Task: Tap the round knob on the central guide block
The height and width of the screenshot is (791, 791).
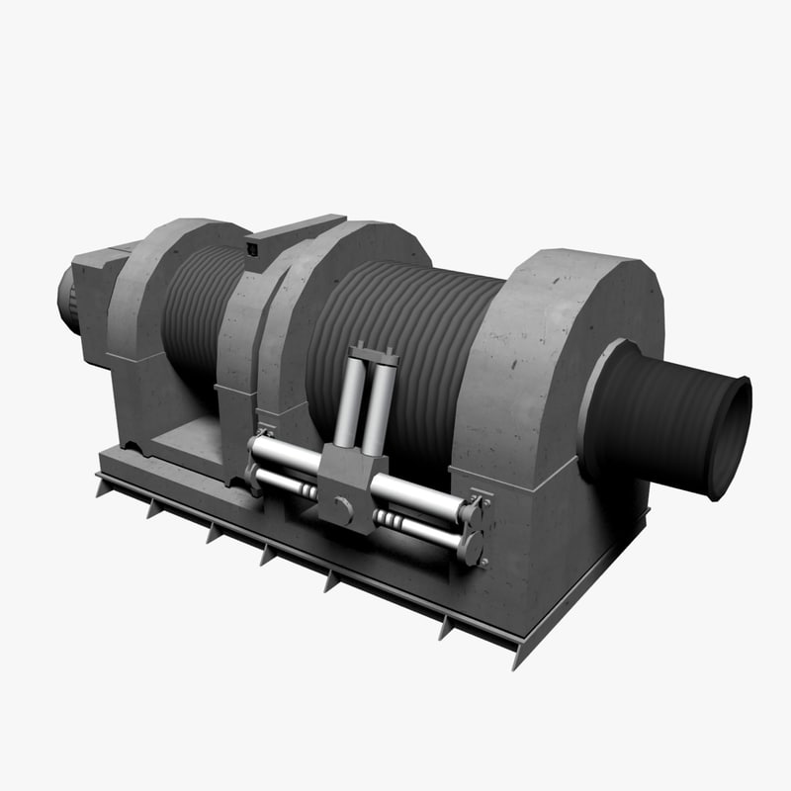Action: pos(343,510)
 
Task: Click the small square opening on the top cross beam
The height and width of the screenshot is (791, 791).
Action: pos(253,250)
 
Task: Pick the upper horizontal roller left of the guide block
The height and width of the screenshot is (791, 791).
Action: pos(287,455)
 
